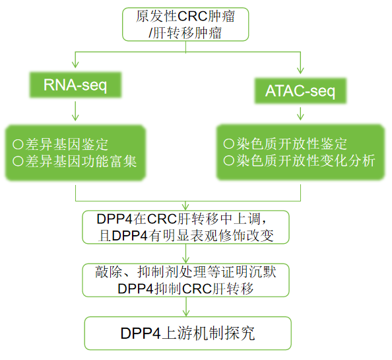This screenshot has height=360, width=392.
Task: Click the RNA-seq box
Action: tap(75, 85)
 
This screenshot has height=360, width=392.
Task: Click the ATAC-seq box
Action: tap(300, 90)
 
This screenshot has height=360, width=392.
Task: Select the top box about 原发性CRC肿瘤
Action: tap(188, 23)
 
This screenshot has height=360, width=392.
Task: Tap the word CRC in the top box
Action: tap(191, 16)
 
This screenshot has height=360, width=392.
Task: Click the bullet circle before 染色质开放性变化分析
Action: tap(228, 161)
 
